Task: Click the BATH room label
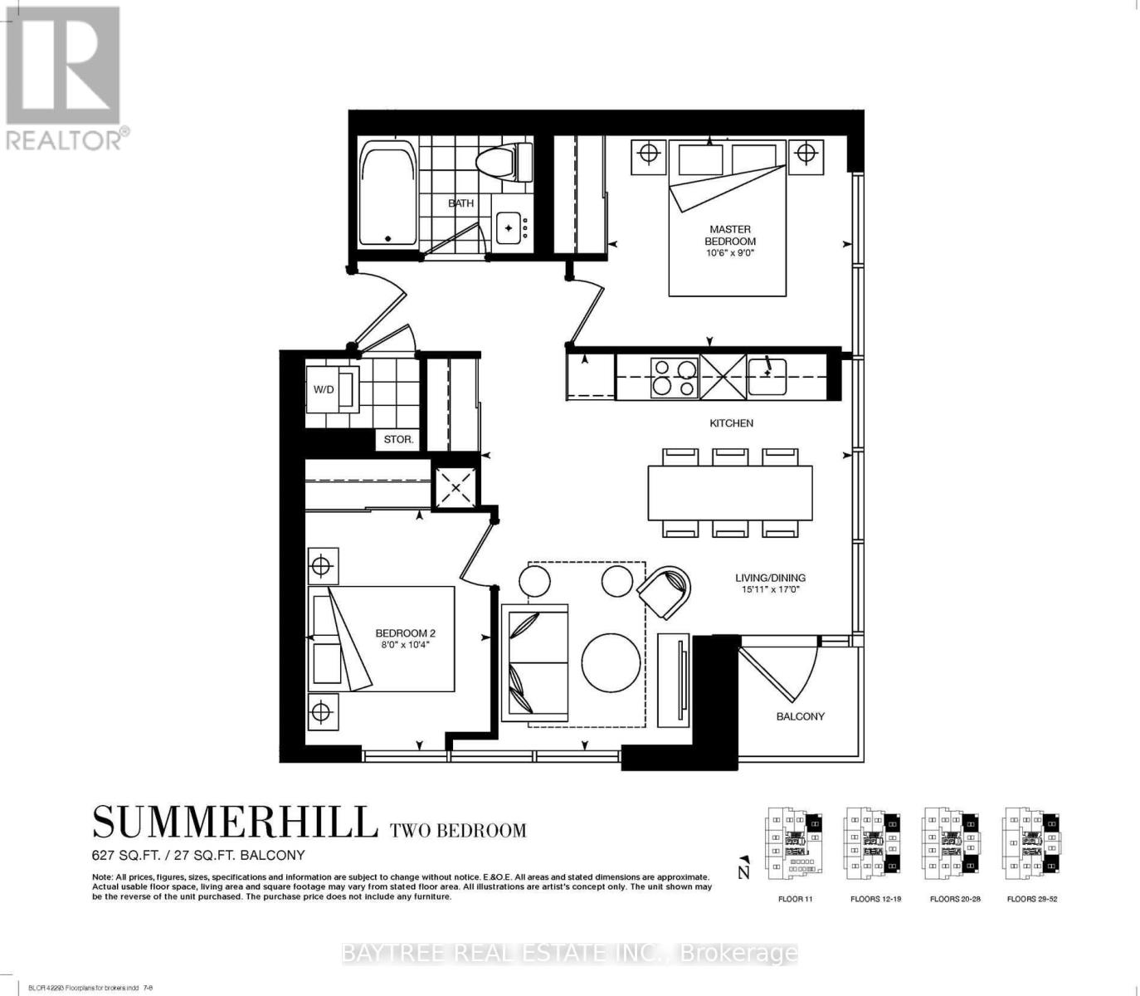460,203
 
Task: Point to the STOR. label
398,439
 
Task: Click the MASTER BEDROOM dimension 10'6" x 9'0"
730,253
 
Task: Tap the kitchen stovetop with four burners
673,377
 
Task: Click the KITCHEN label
731,423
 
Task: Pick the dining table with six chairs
729,493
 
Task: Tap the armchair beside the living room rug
665,591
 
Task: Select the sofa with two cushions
534,662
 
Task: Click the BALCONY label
800,716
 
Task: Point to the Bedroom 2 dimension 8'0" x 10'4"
405,644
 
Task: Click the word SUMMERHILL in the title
235,823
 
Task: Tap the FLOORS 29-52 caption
1031,899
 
